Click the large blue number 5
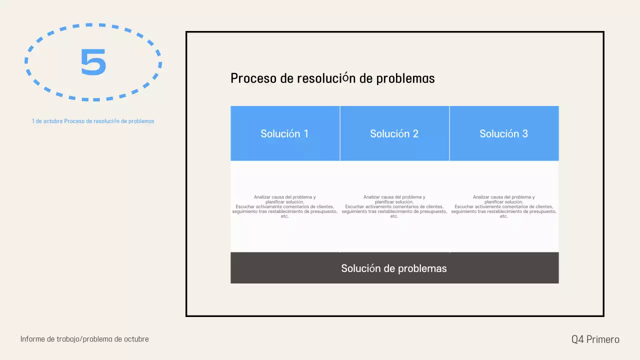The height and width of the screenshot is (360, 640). point(93,62)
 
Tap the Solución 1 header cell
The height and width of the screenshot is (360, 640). point(284,133)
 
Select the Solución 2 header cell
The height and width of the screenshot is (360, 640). point(394,133)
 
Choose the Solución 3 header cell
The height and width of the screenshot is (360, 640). point(503,133)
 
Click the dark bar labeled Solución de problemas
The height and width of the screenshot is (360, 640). point(394,268)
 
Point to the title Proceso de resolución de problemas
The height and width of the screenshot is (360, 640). point(332,78)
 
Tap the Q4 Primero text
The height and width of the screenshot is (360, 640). point(595,339)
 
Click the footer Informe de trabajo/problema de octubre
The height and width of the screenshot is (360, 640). point(84,339)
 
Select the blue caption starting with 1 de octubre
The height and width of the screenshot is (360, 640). point(93,121)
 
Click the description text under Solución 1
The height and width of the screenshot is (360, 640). point(284,206)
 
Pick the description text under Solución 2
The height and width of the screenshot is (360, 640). point(394,206)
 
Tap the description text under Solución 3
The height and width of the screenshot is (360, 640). point(503,206)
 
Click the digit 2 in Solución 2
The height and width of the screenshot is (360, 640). point(415,133)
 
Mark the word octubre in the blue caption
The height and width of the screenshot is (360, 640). point(53,121)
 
